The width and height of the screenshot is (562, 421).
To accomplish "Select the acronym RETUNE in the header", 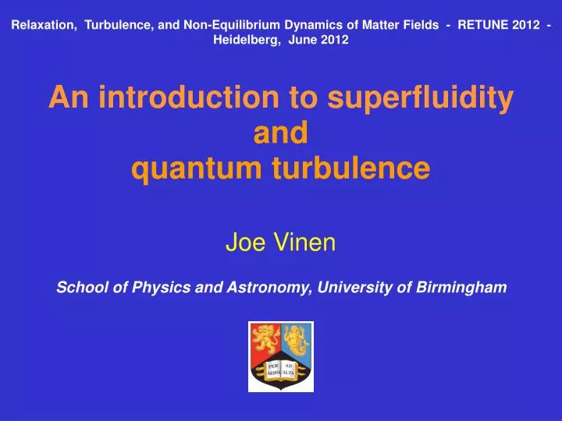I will coord(485,25).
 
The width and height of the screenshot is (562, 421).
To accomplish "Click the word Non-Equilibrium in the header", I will coord(254,25).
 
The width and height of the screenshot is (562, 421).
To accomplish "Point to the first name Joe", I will coord(243,244).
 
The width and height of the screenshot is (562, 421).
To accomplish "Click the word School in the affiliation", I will coord(80,288).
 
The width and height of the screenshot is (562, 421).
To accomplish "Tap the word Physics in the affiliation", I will coord(146,288).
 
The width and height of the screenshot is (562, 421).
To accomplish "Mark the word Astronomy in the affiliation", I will coord(265,288).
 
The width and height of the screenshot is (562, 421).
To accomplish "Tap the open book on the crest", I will coord(281,369).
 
